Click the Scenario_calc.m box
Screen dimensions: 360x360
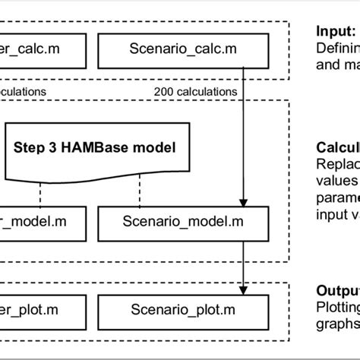coord(168,49)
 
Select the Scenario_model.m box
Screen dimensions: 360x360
coord(168,222)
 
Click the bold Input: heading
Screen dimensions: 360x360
coord(335,32)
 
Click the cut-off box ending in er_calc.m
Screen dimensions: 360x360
coord(38,49)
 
